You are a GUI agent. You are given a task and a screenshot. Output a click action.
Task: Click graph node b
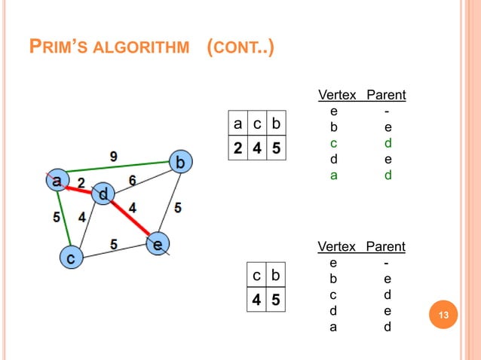[180, 162]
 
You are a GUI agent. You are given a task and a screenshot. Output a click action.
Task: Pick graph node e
[158, 244]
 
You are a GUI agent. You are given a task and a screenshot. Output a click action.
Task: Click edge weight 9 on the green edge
[113, 156]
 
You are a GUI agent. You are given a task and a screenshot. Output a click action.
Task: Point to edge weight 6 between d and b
[133, 180]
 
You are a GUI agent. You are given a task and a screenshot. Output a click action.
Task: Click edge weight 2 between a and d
[80, 183]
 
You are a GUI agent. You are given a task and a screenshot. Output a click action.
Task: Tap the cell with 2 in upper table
[238, 148]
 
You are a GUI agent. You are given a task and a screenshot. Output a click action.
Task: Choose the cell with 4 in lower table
[257, 301]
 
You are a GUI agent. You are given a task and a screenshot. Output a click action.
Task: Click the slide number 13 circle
[443, 315]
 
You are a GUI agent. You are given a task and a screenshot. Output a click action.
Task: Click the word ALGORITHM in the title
[146, 50]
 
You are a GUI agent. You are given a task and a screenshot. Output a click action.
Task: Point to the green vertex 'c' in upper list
[333, 143]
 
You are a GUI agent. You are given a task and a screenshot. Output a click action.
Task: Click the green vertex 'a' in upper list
[333, 175]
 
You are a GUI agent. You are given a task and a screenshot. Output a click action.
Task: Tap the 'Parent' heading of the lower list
[386, 247]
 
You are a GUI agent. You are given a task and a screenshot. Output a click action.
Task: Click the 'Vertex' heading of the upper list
[338, 96]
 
